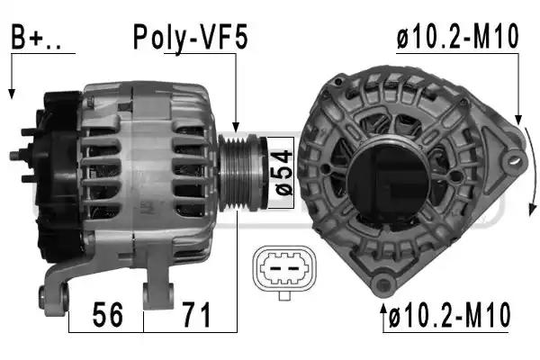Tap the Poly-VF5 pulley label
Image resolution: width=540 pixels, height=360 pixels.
[190, 37]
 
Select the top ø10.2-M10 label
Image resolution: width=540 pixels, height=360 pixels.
[457, 36]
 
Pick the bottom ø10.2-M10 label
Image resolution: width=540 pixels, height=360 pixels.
[450, 314]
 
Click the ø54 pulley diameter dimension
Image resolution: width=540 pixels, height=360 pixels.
[284, 173]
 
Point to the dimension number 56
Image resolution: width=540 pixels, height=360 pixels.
[108, 314]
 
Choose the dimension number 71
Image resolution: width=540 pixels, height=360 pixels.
[196, 314]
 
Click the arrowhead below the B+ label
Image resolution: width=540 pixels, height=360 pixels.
[12, 94]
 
